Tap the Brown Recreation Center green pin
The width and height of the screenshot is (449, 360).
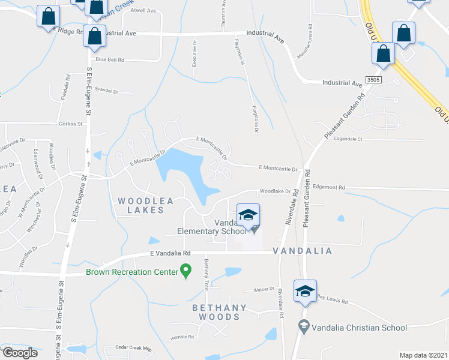point(185,272)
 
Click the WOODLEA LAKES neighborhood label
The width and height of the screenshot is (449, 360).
point(141,205)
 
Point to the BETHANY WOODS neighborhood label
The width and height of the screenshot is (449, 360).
point(219,313)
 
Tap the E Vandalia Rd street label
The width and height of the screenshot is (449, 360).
point(170,254)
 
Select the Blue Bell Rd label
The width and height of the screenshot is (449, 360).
point(110,59)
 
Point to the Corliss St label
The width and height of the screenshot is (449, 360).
point(71,124)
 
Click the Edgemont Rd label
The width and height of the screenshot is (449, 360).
point(329,188)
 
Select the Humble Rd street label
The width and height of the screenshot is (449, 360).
point(182,337)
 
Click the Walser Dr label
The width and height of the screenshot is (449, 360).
point(264,289)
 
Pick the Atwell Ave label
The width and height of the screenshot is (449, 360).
point(143,11)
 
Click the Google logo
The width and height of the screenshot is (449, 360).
point(20,353)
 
